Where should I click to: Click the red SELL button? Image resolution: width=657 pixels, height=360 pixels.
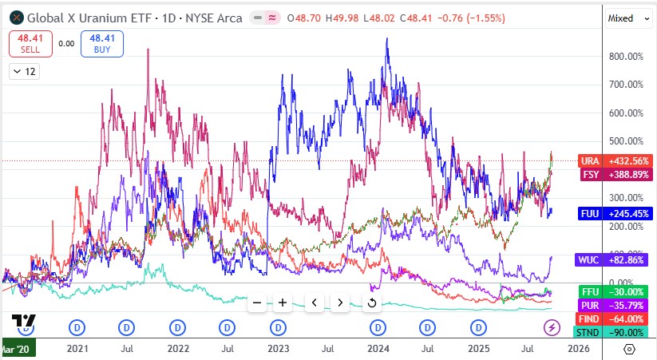[30, 44]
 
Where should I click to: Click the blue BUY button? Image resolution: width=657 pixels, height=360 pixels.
[101, 44]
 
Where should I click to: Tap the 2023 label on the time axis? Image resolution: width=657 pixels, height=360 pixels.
[278, 348]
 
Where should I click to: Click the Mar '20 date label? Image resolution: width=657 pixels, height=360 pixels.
[18, 348]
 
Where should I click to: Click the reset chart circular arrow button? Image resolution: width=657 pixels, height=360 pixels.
[372, 303]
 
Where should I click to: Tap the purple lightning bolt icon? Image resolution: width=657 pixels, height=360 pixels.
[552, 327]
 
